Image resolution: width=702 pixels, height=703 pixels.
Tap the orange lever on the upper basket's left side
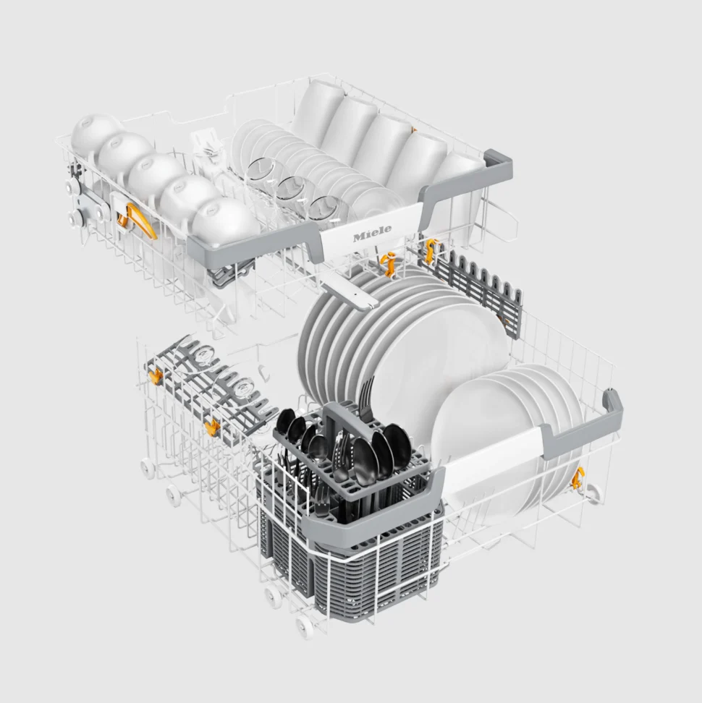click(x=140, y=221)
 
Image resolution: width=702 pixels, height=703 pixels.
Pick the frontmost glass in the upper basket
click(x=329, y=210)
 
